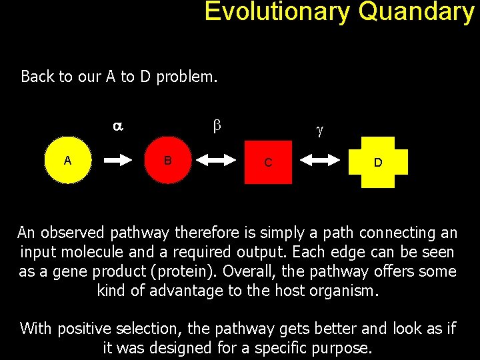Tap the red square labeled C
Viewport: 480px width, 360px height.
point(268,161)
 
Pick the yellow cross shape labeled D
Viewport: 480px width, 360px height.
point(377,162)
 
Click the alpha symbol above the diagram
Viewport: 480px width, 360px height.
point(117,125)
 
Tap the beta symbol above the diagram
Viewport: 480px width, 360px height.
point(216,125)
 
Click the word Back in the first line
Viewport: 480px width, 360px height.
point(37,77)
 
